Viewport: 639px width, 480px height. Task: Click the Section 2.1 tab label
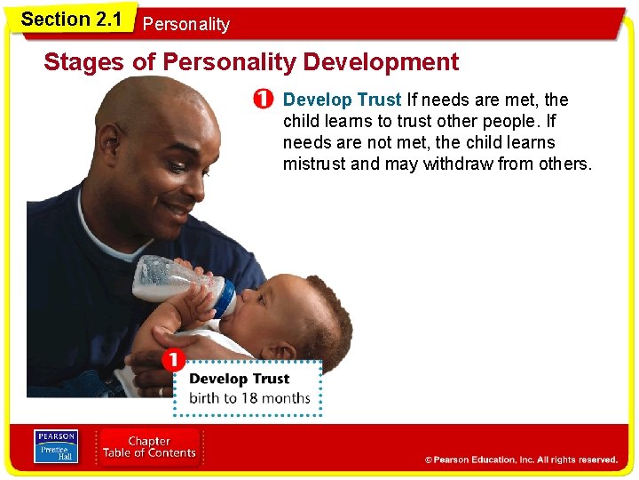point(71,20)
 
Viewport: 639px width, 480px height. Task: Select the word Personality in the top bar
point(185,25)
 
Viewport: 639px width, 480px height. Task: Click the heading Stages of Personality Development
point(251,62)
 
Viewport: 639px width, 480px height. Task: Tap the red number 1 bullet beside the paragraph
point(263,100)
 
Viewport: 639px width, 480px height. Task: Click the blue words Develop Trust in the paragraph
point(342,100)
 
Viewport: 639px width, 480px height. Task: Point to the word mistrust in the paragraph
point(314,164)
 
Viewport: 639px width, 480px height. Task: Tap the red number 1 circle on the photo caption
point(173,361)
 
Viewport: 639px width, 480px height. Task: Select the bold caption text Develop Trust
point(240,379)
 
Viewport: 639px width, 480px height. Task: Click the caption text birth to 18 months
point(249,397)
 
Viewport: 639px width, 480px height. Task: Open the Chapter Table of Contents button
point(149,447)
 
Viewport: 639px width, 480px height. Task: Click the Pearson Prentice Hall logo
point(57,446)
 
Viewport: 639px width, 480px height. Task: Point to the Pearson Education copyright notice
point(520,460)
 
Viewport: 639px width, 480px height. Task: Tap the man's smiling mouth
point(177,209)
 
